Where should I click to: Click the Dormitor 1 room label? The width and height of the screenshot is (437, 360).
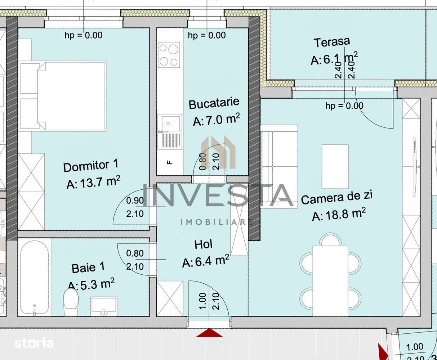point(90,166)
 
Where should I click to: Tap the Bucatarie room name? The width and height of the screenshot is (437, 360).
point(214,103)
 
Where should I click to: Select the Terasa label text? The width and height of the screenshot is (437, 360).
point(331,42)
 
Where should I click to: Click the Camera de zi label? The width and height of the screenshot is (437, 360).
point(336,198)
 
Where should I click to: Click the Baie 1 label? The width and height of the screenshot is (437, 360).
point(88,267)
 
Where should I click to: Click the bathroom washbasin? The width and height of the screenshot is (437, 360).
point(104,305)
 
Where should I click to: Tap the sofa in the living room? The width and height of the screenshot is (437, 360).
point(279,166)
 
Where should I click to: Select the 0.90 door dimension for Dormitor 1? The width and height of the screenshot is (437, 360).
point(135,201)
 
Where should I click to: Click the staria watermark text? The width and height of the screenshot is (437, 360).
point(34,343)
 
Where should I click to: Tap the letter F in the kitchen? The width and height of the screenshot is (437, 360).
point(170,162)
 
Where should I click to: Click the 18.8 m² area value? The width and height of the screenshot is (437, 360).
point(339,215)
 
